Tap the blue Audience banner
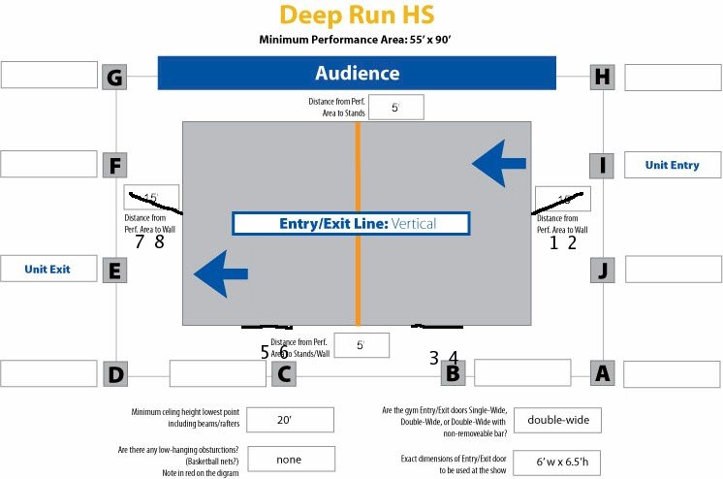click(357, 74)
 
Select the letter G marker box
click(114, 77)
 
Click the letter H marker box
click(603, 77)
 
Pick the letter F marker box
click(114, 165)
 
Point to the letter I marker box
click(603, 165)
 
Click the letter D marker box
click(114, 373)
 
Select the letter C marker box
click(283, 373)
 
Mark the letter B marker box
click(452, 373)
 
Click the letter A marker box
click(603, 373)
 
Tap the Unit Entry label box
click(672, 165)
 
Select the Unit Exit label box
click(48, 269)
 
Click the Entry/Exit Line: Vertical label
click(350, 224)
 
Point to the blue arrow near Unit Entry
click(500, 162)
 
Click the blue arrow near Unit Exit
click(224, 273)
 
